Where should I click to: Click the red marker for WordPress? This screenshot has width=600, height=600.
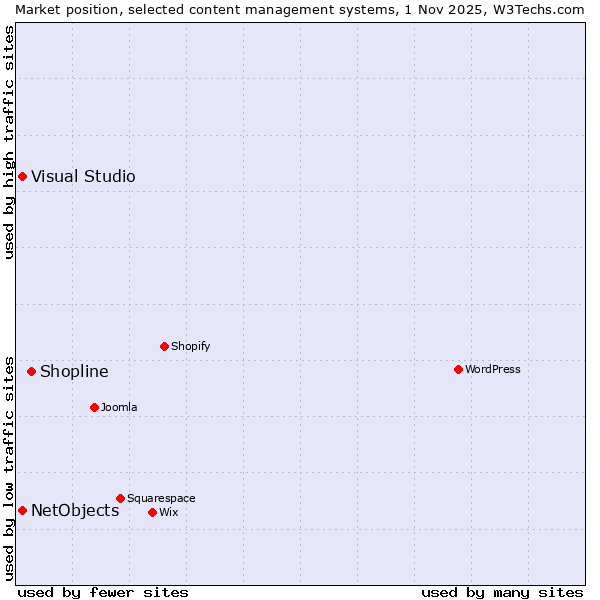tap(458, 369)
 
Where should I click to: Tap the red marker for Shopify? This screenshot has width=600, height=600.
tap(164, 346)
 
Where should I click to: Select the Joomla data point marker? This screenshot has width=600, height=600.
tap(94, 407)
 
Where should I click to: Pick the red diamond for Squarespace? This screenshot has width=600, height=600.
tap(120, 498)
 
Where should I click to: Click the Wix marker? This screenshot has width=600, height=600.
tap(152, 512)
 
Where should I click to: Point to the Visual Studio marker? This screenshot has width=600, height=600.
tap(22, 177)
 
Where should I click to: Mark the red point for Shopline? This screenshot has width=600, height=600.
tap(31, 371)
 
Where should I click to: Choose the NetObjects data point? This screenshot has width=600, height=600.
tap(22, 510)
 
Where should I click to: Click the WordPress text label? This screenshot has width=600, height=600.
tap(493, 369)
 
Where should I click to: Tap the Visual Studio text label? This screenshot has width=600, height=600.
tap(83, 177)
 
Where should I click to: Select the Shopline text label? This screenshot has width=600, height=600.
tap(74, 371)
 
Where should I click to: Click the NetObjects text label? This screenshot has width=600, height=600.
tap(75, 510)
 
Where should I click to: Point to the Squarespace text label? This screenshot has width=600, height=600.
tap(161, 498)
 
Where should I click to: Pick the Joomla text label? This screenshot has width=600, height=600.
tap(119, 407)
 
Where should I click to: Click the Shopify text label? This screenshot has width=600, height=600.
tap(190, 346)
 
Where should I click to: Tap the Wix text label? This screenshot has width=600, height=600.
tap(168, 512)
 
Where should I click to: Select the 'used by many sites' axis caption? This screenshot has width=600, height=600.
tap(502, 592)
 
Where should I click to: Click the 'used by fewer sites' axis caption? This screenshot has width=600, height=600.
tap(103, 592)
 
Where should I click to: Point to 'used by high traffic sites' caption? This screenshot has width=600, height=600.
tap(9, 142)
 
